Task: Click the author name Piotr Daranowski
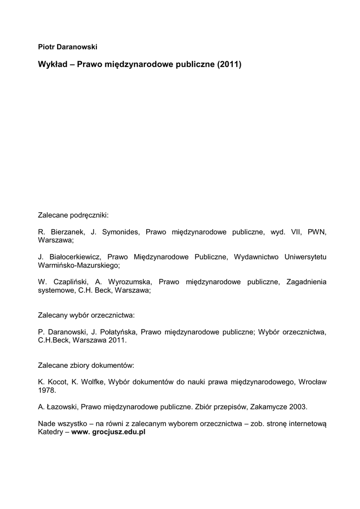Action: pos(68,46)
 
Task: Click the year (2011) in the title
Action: pos(229,65)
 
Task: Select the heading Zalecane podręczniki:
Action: pos(73,216)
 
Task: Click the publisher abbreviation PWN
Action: pos(317,232)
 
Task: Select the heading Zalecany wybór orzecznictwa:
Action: pos(87,315)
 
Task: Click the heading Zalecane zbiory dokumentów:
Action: pos(86,365)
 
